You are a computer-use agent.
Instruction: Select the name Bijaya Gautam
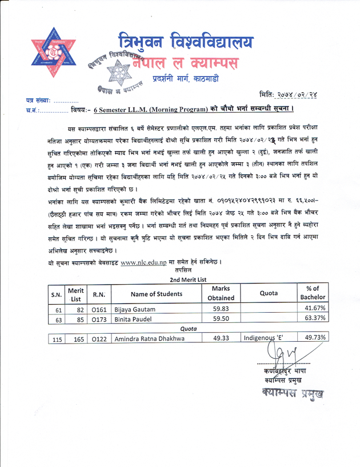tap(133, 309)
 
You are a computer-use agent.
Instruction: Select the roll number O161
tap(97, 309)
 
